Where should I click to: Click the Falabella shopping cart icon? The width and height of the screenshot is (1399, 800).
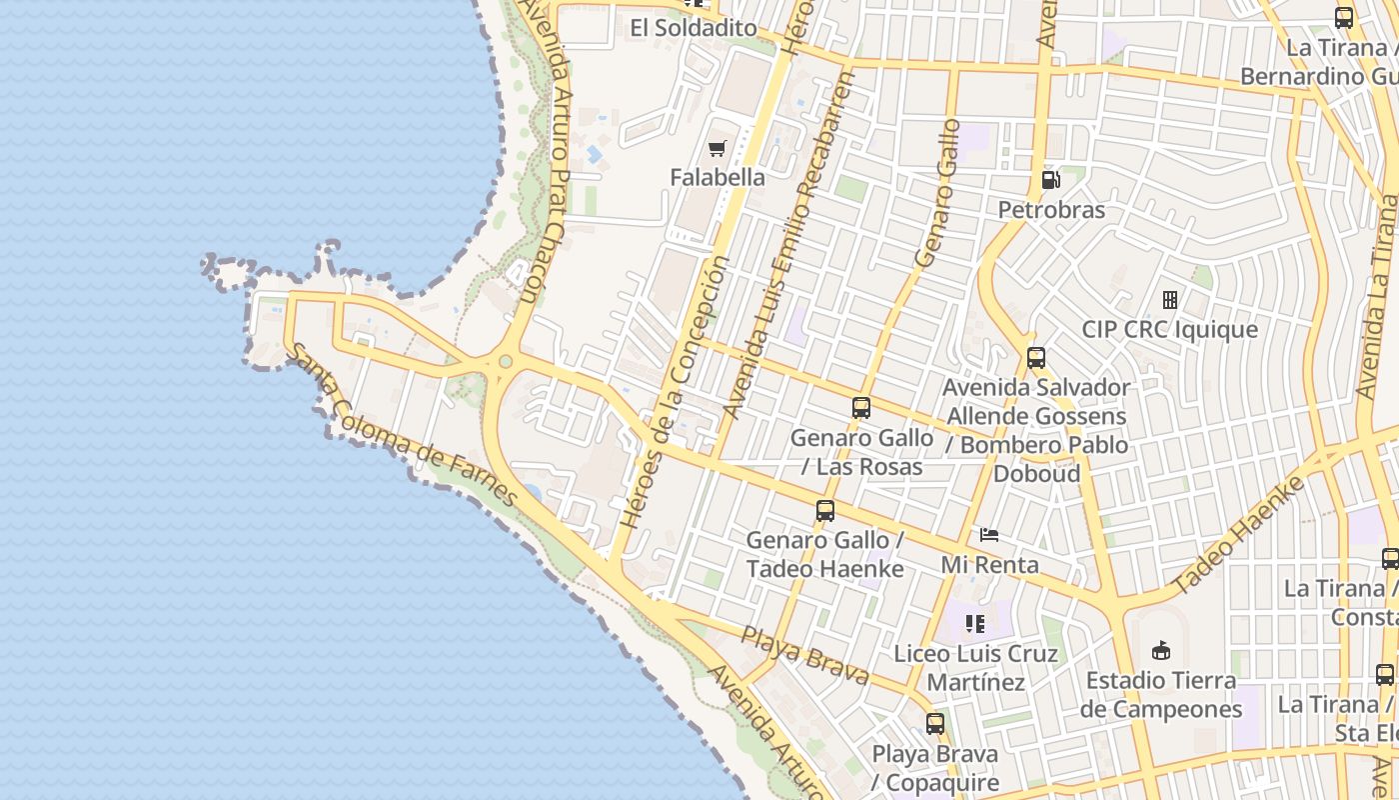pos(716,149)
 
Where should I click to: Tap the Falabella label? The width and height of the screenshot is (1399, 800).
pos(717,178)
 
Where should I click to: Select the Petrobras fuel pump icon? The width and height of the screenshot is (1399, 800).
pos(1050,180)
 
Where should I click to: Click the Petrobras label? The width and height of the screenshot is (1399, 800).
pos(1051,210)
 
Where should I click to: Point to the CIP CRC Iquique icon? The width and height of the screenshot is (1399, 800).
pos(1170,299)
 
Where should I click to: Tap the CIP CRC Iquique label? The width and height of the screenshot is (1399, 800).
pos(1170,329)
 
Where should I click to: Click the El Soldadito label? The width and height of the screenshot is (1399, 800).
pos(694,28)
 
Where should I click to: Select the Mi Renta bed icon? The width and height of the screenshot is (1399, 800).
pos(989,535)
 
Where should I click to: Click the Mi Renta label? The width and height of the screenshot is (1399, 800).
pos(990,565)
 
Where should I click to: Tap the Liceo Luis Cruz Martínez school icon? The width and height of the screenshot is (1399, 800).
pos(975,625)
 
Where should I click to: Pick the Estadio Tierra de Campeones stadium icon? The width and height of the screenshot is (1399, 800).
pos(1160,651)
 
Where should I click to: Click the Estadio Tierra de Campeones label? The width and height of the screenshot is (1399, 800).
pos(1160,695)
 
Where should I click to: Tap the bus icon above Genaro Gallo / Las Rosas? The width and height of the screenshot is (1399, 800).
pos(861,408)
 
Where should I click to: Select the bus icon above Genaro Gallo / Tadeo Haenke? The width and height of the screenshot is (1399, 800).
pos(825,511)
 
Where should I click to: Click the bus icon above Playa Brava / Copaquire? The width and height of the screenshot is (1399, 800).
pos(935,724)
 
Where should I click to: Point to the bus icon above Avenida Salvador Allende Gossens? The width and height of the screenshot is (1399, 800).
pos(1036,358)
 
